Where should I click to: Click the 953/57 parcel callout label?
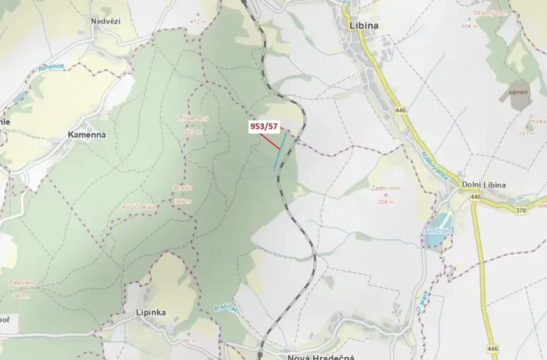point(262,125)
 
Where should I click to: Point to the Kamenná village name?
point(86,134)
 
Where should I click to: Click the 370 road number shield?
point(521,210)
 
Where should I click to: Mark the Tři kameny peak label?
point(192,118)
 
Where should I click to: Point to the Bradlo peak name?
point(183,188)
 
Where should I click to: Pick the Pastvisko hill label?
point(24,283)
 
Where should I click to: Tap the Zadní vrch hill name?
point(385,188)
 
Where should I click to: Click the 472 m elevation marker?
point(198,22)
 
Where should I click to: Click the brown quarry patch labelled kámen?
point(519,92)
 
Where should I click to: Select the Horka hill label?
point(538,122)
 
